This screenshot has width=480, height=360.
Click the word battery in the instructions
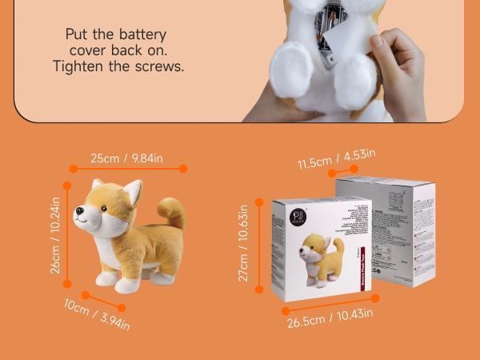pyautogui.click(x=139, y=34)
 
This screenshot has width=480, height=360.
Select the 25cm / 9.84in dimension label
pyautogui.click(x=126, y=158)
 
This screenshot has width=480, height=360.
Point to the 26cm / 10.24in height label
pyautogui.click(x=56, y=236)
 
